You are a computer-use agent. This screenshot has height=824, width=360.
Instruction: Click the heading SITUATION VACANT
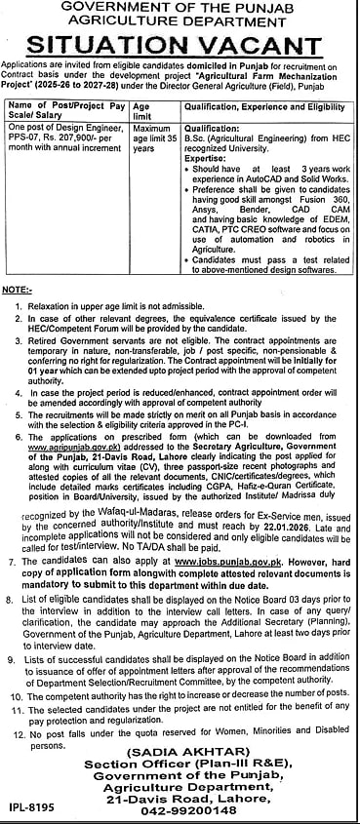point(180,42)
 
